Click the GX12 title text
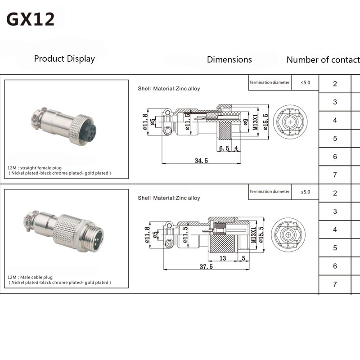point(31,19)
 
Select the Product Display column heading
point(64,59)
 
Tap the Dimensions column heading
point(229,59)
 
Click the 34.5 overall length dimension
point(201,161)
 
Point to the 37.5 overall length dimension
point(206,266)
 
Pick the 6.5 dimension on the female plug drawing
point(224,148)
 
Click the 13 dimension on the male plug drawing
point(223,258)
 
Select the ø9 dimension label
point(245,122)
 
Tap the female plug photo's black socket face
point(87,132)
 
